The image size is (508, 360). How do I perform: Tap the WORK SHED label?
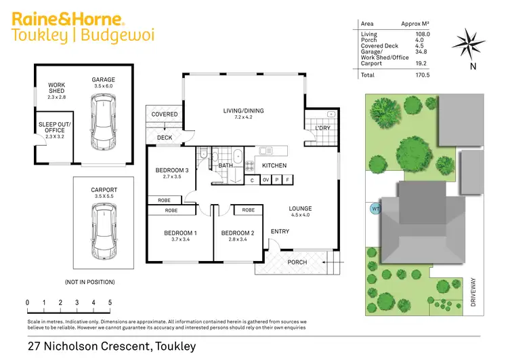tap(56, 89)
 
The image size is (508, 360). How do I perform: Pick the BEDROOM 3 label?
tap(172, 170)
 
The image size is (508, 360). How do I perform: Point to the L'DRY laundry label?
tap(322, 128)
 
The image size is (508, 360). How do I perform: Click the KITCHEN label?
tap(274, 165)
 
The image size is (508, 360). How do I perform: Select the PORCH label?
tap(297, 262)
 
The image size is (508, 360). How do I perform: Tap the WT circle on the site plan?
tap(375, 209)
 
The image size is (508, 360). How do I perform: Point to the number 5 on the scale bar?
tap(110, 302)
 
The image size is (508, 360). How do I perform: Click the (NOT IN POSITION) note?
tap(90, 282)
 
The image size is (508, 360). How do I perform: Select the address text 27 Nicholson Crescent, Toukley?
tap(112, 346)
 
